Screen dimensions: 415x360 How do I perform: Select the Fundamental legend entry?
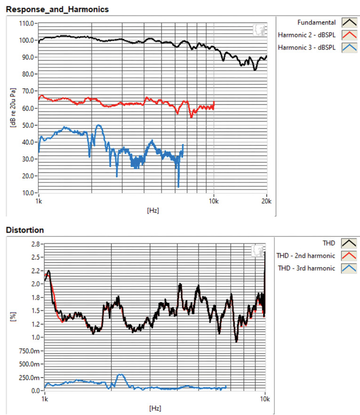[320, 22]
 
